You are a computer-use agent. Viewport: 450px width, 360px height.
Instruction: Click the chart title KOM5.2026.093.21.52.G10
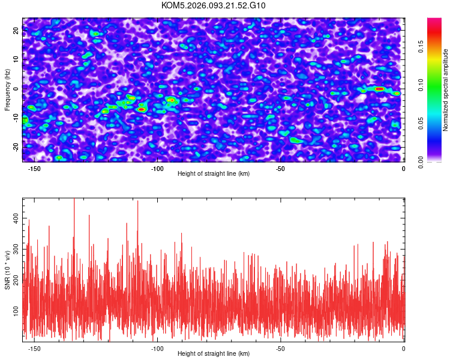point(214,5)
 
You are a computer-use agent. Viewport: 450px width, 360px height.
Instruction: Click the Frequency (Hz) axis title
point(7,89)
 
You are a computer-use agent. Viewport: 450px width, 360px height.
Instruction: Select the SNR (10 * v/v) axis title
point(8,270)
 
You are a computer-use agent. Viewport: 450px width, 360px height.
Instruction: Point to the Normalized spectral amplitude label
point(446,90)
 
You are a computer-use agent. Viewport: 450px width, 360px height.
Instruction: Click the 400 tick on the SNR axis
point(16,221)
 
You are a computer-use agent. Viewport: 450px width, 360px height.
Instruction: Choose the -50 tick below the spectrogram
point(280,169)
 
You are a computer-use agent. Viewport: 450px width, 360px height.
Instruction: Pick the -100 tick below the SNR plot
point(157,349)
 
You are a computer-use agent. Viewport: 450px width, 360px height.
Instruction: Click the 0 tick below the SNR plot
point(403,349)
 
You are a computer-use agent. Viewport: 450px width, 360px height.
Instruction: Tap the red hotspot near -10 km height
point(379,89)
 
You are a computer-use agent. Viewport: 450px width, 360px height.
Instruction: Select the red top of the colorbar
point(434,22)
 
